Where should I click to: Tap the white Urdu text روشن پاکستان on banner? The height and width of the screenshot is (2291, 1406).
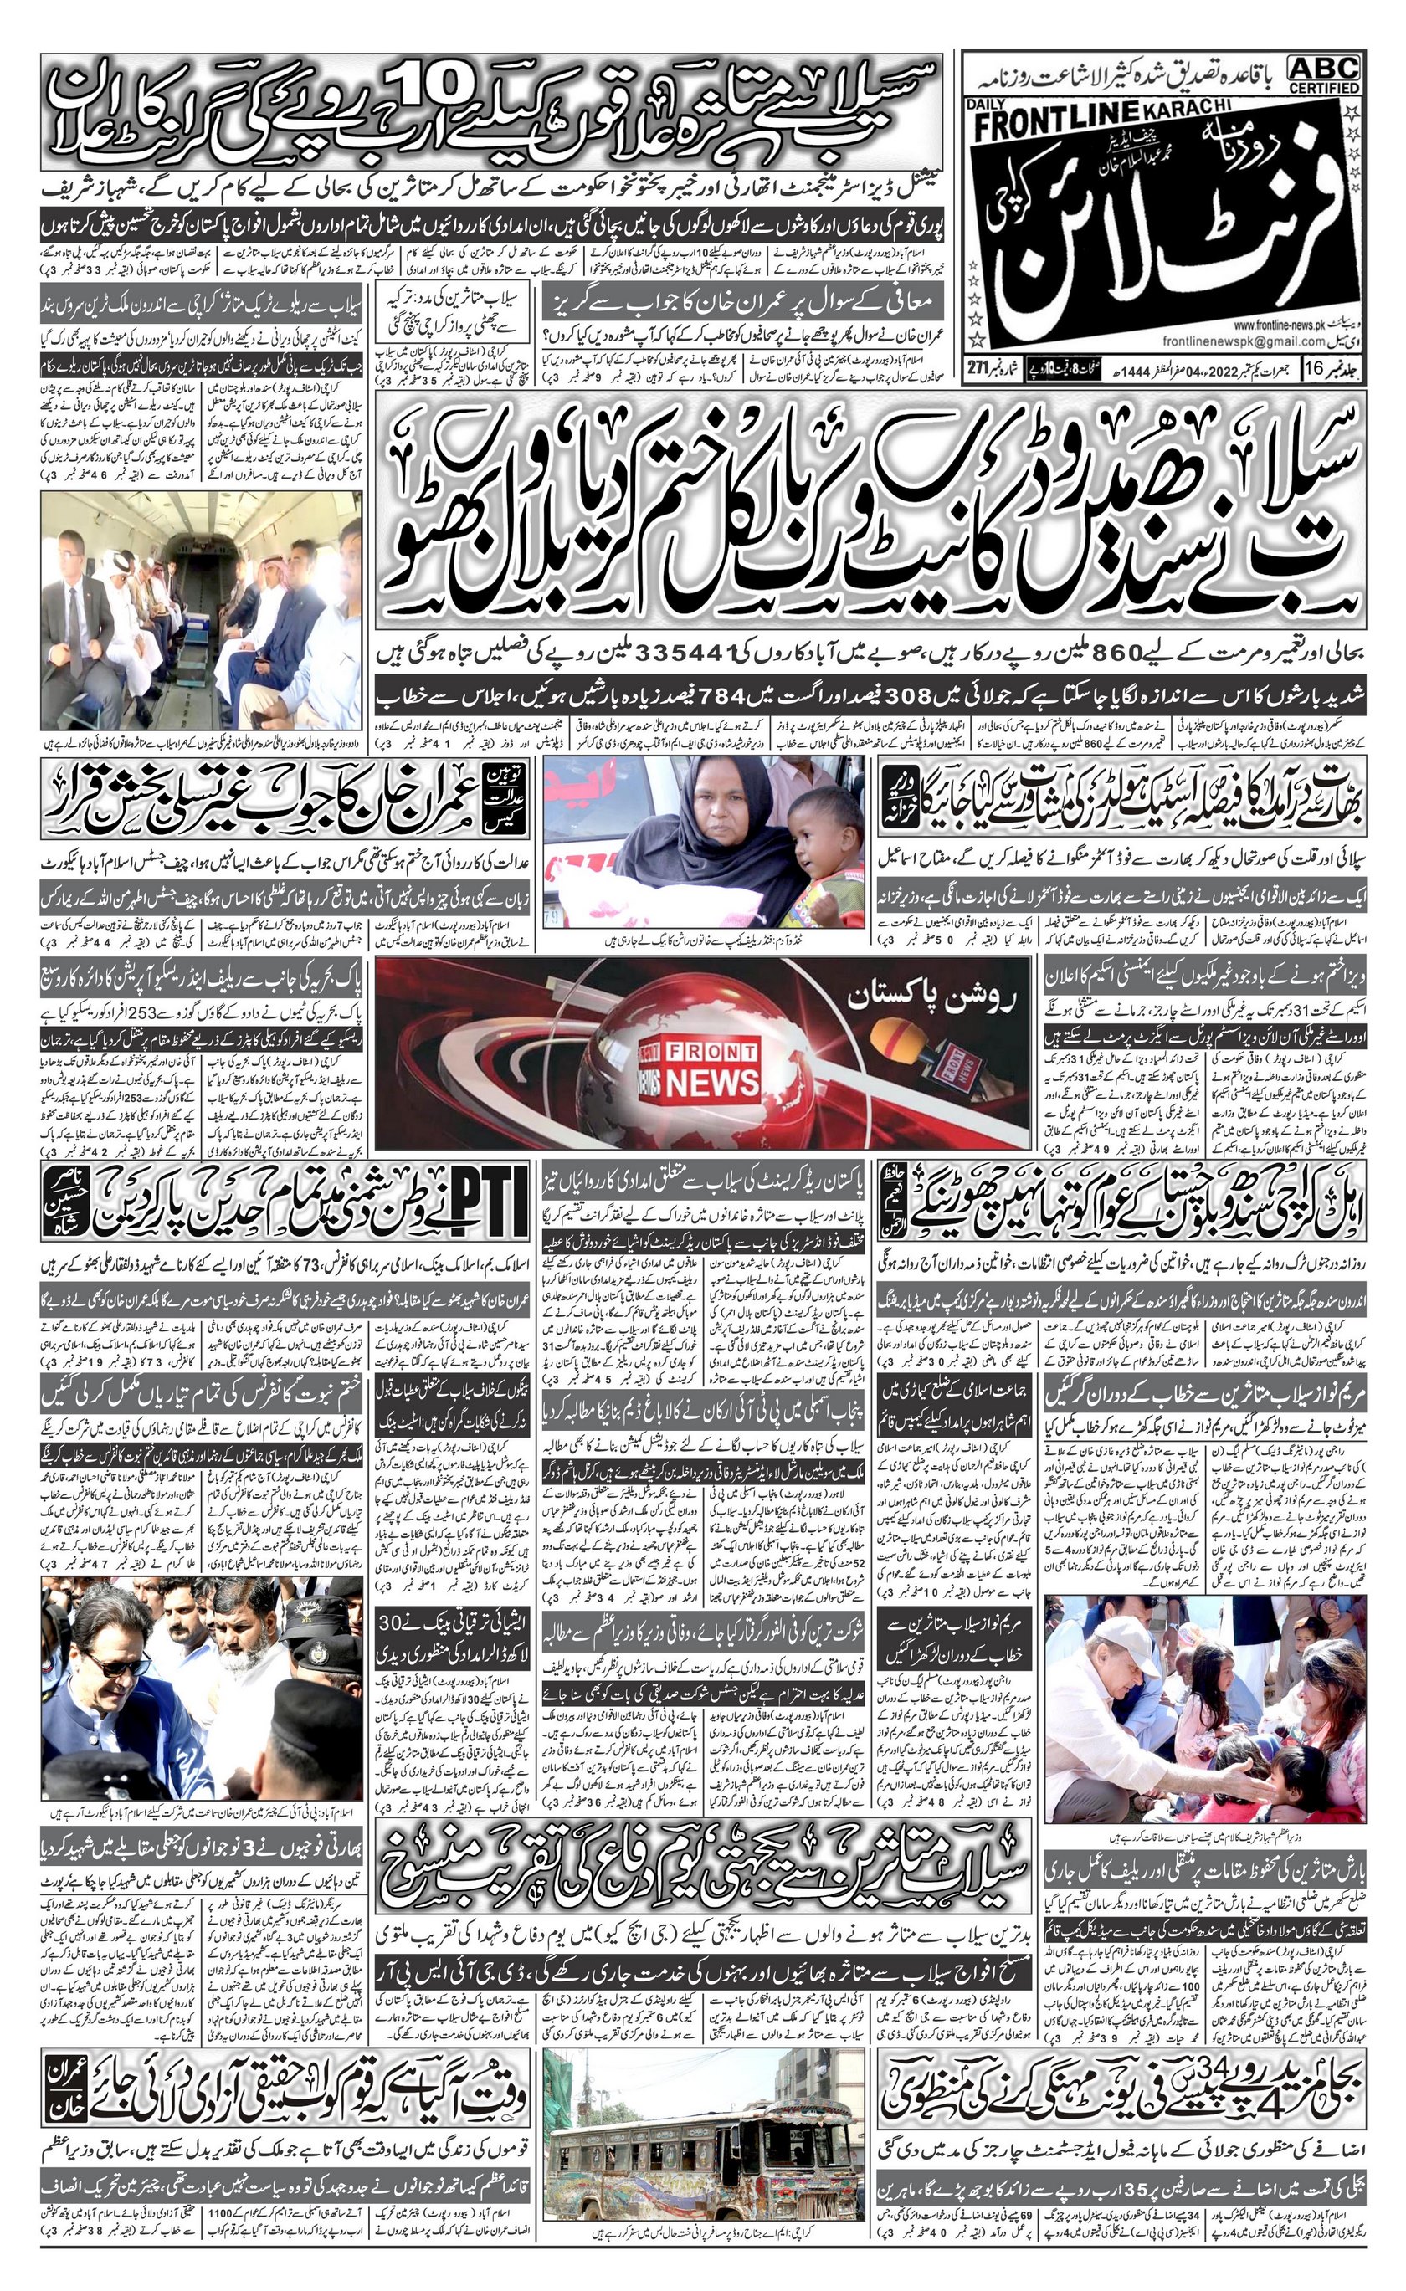coord(932,1000)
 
